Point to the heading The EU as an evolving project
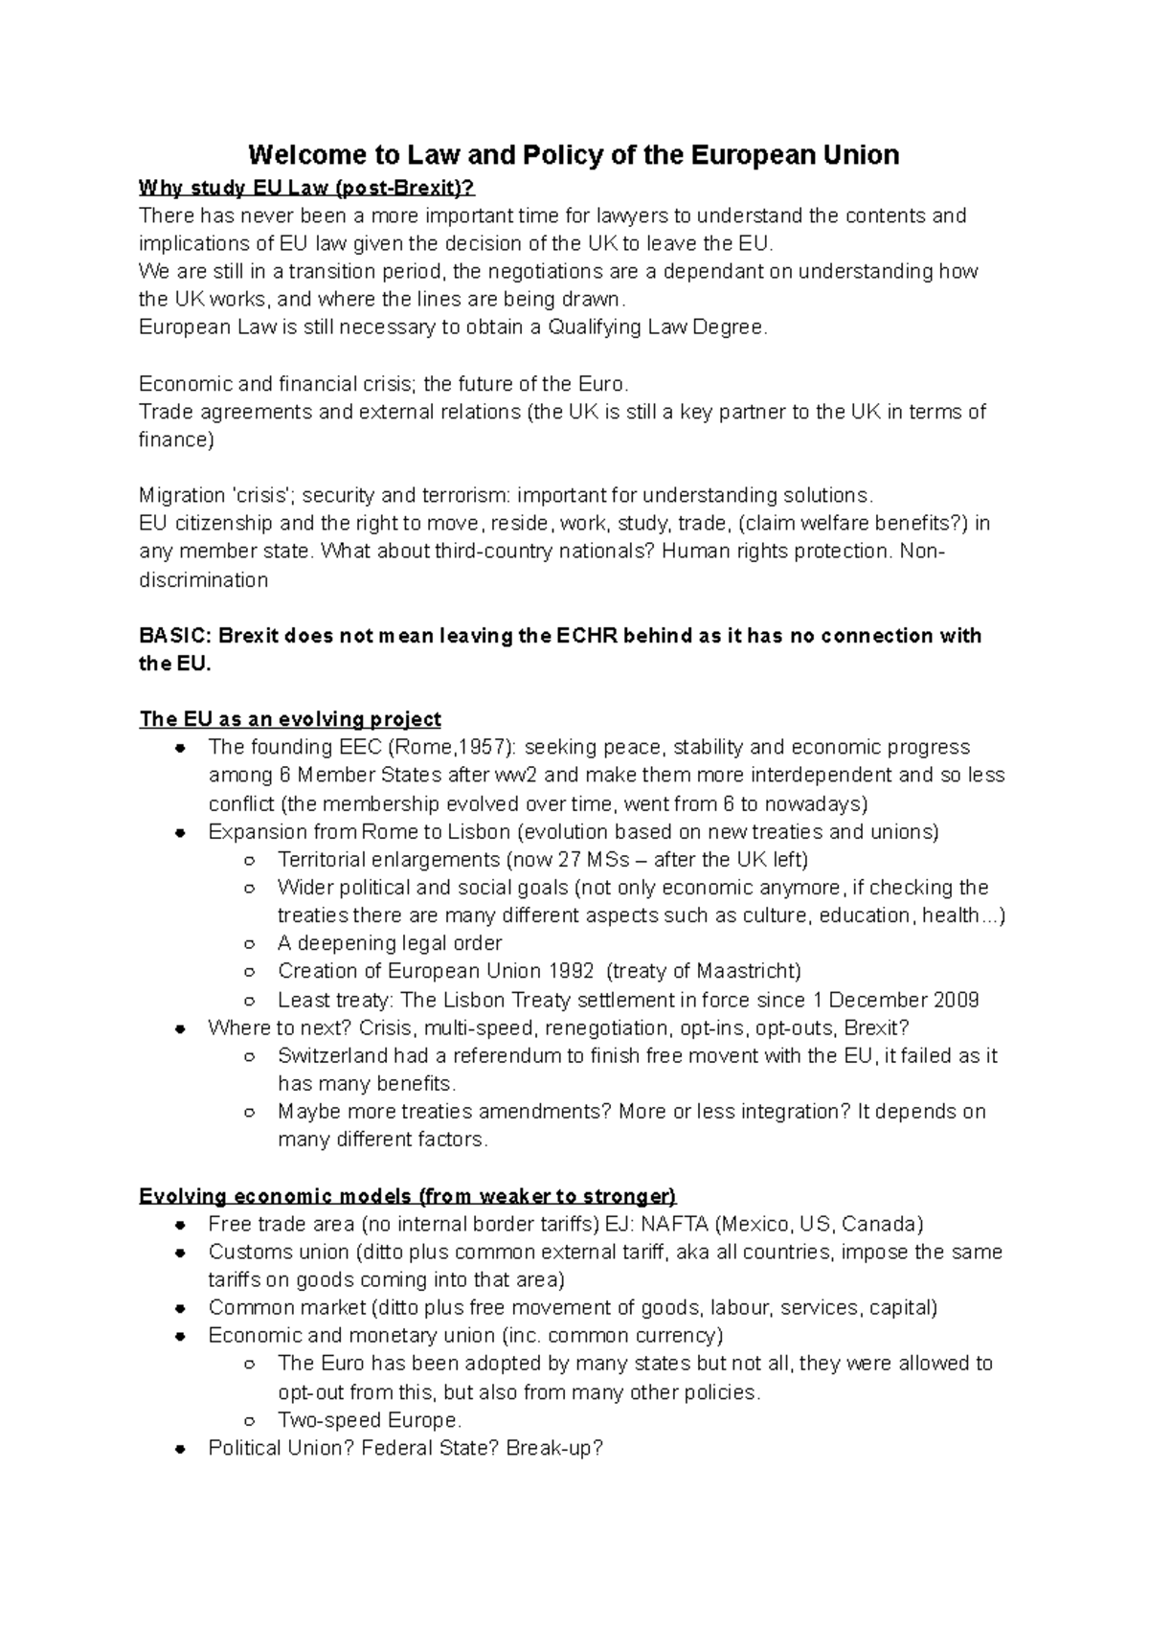[290, 719]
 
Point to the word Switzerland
[332, 1055]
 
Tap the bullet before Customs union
[180, 1253]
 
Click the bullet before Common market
[180, 1308]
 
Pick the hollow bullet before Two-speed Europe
[249, 1420]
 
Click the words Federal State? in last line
[432, 1448]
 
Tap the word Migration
[182, 495]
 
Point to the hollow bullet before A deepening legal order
[249, 943]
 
